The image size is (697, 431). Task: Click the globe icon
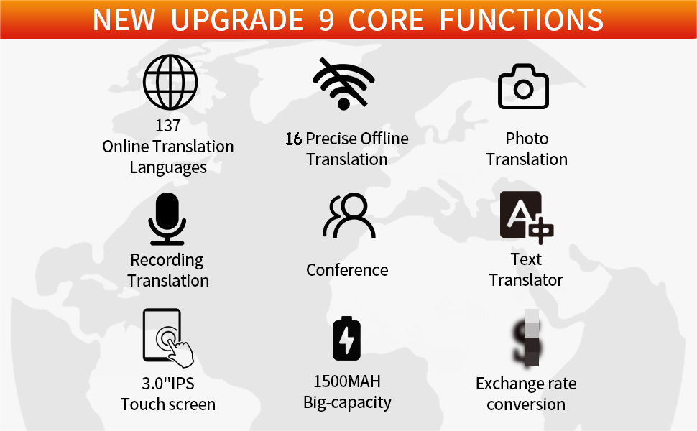[170, 83]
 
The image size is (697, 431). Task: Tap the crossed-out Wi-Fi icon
[343, 84]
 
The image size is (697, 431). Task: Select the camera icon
[524, 87]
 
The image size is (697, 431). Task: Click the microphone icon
[167, 218]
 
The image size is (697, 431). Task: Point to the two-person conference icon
[348, 216]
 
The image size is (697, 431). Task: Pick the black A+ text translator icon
[526, 217]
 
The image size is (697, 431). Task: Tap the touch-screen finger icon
[167, 338]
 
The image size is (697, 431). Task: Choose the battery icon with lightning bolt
[346, 338]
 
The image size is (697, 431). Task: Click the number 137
[168, 126]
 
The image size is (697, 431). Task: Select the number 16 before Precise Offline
[293, 139]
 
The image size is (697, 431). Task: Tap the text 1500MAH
[347, 381]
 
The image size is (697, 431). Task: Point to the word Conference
[347, 270]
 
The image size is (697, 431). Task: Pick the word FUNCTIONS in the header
[522, 20]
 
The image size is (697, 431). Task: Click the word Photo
[527, 139]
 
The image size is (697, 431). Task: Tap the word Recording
[167, 260]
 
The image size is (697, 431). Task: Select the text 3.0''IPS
[168, 383]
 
